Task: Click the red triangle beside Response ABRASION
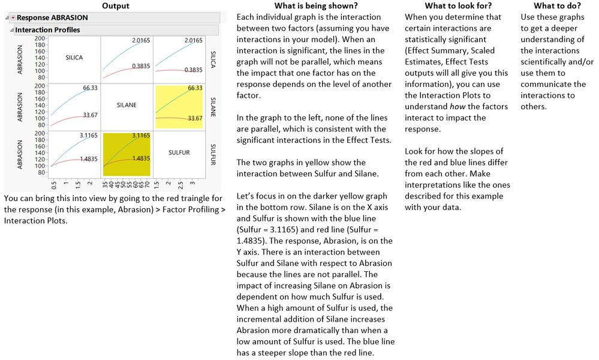coord(13,18)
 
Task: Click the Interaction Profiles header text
coord(47,30)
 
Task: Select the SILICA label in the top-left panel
coord(74,58)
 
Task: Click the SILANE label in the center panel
coord(127,105)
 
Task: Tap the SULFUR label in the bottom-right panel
coord(179,152)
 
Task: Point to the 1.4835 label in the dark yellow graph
coord(140,158)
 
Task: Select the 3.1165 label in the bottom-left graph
coord(89,136)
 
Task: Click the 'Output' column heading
coord(115,5)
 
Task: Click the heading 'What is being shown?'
coord(312,5)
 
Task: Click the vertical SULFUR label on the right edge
coord(213,152)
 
